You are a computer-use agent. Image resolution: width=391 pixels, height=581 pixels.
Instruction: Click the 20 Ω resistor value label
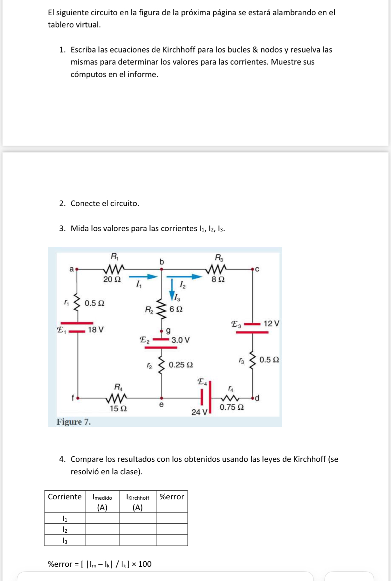112,279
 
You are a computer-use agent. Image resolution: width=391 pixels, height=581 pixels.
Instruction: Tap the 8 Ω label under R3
218,279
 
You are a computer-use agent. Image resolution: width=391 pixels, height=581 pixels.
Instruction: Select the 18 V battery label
96,329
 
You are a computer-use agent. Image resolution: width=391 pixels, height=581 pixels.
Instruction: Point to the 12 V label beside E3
271,324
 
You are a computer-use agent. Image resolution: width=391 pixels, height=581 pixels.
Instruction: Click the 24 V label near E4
199,412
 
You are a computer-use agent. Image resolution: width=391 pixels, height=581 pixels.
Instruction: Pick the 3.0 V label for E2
180,340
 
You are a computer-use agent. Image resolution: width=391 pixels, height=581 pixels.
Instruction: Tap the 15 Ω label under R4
118,409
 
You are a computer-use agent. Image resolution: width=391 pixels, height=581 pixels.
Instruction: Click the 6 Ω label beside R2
176,309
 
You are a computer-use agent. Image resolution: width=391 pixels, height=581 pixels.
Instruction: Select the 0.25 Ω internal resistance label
181,365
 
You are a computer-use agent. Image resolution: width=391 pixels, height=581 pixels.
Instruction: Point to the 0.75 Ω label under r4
231,407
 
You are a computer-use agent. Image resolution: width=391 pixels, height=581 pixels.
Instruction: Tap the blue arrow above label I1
144,277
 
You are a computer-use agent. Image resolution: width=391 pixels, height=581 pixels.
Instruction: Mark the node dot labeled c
253,269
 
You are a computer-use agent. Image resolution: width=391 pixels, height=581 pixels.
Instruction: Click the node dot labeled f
78,398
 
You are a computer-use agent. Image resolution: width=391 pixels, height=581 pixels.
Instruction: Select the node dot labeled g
161,331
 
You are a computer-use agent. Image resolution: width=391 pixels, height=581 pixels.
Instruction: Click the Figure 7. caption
74,422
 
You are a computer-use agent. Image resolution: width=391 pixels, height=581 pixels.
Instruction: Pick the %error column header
172,497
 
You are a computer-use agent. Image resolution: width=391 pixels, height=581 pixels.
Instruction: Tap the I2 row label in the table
65,530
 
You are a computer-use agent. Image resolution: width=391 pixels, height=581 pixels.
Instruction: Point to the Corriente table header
65,497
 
